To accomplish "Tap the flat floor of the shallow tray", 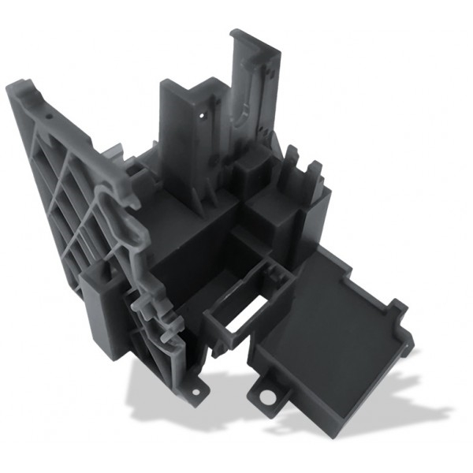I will tap(327, 315).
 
